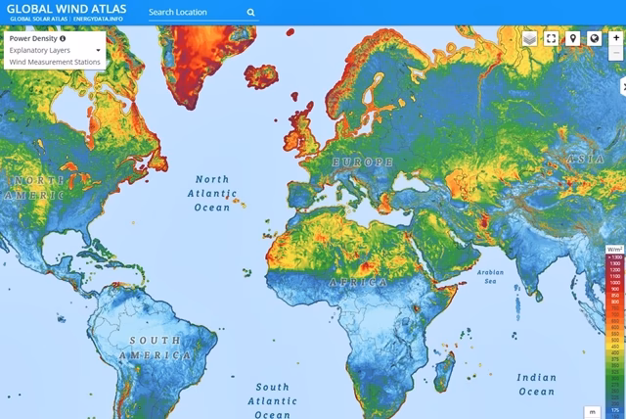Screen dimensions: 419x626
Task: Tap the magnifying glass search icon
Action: (251, 13)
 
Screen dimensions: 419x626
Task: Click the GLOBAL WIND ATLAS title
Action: (65, 8)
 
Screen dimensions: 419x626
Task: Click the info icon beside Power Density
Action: (63, 39)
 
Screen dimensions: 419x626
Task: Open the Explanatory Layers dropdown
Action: (54, 50)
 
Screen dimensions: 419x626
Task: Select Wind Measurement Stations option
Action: (54, 61)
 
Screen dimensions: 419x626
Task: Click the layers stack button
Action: (530, 39)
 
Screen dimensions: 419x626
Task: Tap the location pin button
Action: (573, 39)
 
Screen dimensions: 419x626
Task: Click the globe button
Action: (594, 39)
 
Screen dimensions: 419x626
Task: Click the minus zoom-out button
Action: (615, 52)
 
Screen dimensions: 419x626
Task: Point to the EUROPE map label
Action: (361, 161)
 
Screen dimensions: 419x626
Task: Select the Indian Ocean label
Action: (536, 384)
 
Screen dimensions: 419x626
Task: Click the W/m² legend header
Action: (614, 250)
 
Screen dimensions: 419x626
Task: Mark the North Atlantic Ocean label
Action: (211, 193)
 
